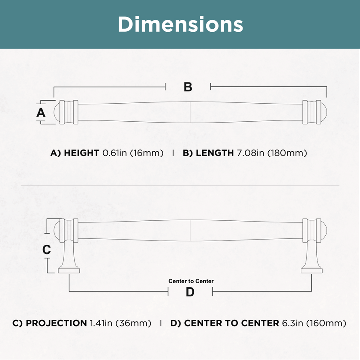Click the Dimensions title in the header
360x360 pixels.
tap(180, 24)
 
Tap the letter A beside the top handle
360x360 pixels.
tap(41, 112)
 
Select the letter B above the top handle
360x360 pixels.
tap(188, 87)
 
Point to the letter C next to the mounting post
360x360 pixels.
tap(47, 249)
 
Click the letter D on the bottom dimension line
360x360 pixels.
tap(190, 292)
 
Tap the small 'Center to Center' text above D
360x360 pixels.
tap(191, 281)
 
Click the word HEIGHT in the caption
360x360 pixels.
tap(81, 153)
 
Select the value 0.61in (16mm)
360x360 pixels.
tap(133, 153)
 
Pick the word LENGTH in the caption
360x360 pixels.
tap(215, 153)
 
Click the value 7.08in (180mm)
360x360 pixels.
tap(272, 153)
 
